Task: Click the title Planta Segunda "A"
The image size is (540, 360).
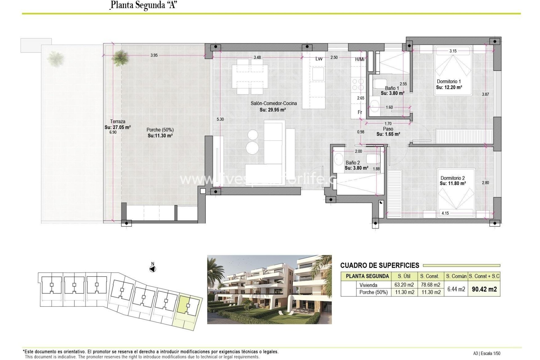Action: [143, 5]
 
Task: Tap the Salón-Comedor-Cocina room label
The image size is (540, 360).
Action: [273, 103]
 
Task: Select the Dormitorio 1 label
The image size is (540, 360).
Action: [449, 82]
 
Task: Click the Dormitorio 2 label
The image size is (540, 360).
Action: [452, 178]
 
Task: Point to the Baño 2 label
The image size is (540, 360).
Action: [353, 163]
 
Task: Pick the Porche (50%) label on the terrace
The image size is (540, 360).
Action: [160, 130]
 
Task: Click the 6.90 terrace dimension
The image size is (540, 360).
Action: [113, 132]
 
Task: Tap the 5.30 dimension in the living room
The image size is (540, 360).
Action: [220, 119]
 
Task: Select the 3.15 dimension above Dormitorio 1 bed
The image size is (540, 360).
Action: [453, 51]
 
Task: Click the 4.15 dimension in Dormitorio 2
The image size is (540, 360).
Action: [445, 213]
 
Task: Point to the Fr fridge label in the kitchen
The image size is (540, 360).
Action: [360, 112]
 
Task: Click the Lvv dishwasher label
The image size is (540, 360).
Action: [319, 59]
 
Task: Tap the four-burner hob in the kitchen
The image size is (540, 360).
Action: [357, 84]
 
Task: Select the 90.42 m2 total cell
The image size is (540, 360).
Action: [484, 289]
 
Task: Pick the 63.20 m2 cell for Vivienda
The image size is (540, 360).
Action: [404, 285]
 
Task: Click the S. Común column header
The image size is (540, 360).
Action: [456, 276]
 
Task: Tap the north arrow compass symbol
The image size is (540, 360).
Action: [152, 269]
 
